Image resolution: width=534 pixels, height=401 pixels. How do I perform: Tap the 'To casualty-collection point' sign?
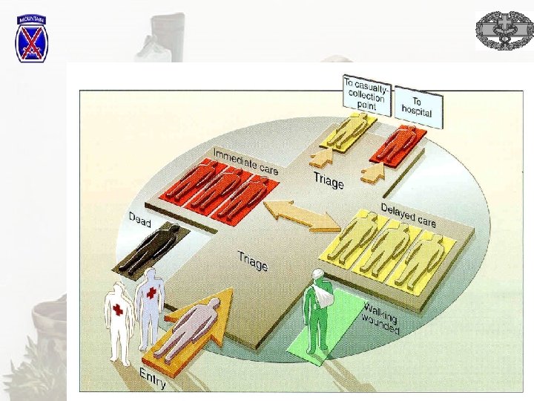click(x=366, y=94)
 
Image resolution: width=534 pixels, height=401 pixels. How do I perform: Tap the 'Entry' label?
click(x=153, y=378)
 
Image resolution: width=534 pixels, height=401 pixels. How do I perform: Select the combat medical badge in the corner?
click(x=504, y=30)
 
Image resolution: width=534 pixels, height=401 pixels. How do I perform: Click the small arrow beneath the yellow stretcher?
click(x=320, y=158)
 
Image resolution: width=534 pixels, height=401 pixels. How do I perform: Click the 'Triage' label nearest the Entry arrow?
click(x=253, y=261)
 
